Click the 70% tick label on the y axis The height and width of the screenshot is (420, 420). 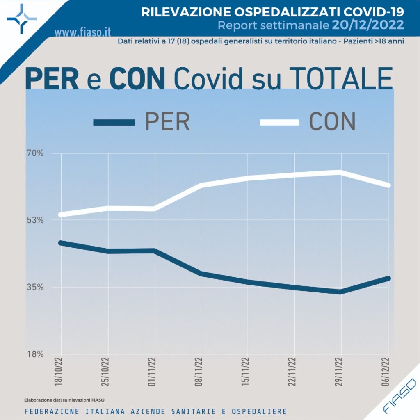[35, 153]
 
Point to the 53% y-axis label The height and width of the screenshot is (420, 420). [35, 220]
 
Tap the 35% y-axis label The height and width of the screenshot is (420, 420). [35, 287]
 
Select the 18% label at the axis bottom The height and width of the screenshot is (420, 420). [35, 354]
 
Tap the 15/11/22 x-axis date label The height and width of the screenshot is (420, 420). [247, 372]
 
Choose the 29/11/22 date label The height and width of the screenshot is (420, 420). [340, 372]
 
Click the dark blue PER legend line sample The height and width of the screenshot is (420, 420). [114, 122]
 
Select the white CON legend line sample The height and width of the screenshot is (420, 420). [279, 122]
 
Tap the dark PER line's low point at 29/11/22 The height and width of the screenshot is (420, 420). [340, 292]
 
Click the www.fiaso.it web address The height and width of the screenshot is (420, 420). [82, 32]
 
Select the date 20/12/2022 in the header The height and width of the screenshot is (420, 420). [367, 25]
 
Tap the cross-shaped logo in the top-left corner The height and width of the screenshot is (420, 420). [21, 18]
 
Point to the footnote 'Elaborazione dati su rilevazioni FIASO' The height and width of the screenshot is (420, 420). [64, 400]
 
